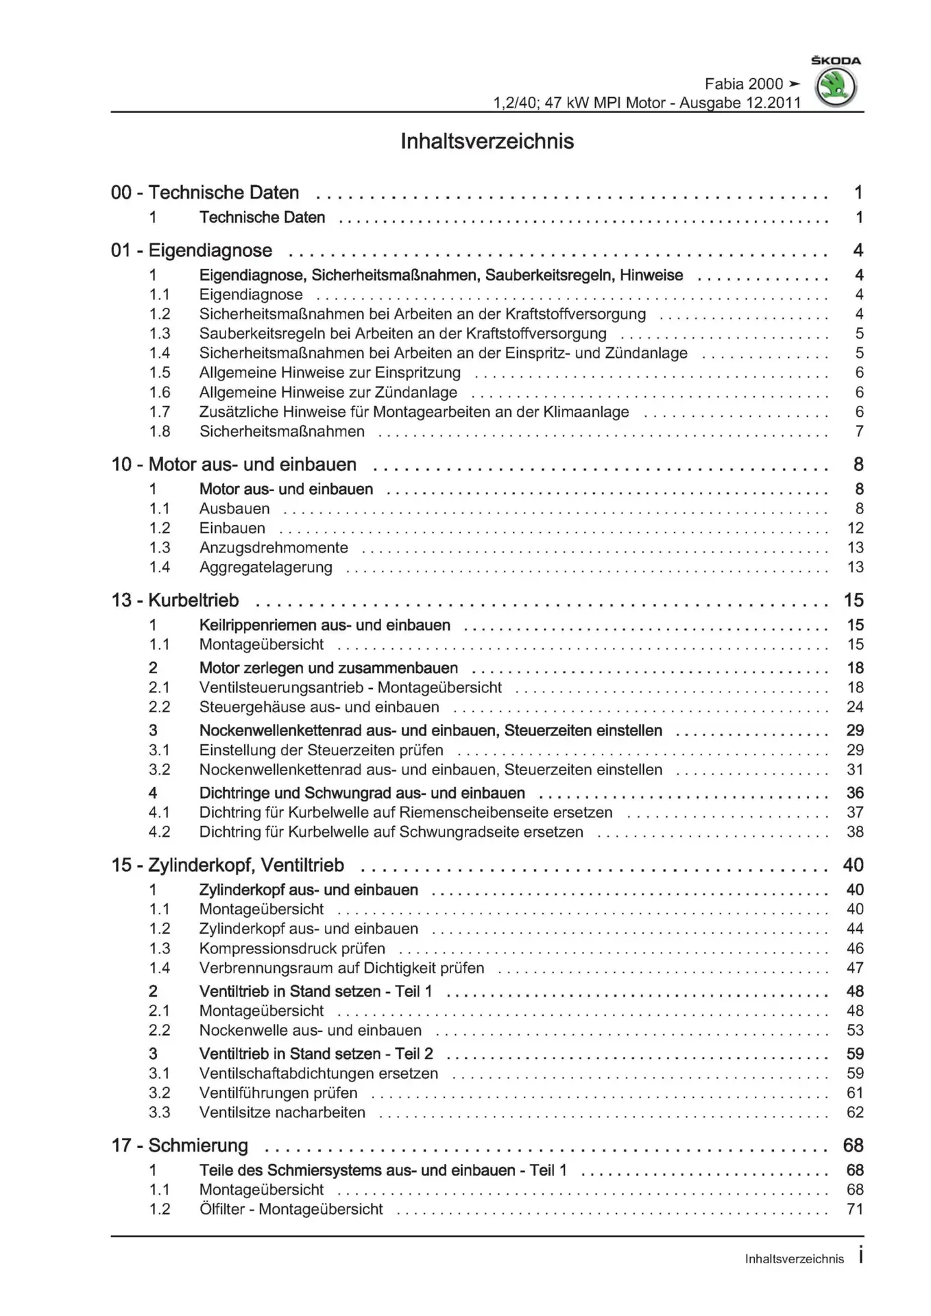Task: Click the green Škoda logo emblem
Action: tap(836, 88)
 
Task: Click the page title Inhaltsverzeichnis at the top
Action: tap(487, 141)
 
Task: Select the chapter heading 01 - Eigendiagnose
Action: tap(191, 250)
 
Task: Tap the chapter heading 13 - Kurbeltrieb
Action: tap(175, 600)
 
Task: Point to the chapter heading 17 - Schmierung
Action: tap(180, 1145)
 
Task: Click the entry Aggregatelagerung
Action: tap(265, 568)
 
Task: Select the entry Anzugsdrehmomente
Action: tap(274, 548)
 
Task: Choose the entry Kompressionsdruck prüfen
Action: tap(292, 949)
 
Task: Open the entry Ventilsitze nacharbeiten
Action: tap(282, 1112)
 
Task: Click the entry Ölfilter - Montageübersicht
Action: tap(291, 1209)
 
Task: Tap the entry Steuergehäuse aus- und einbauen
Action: tap(319, 707)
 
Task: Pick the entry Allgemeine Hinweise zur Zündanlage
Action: tap(328, 393)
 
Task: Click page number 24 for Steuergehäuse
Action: tap(855, 707)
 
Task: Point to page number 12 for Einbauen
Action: tap(855, 528)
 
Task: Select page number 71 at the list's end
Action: tap(855, 1209)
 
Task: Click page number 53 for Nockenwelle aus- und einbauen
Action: tap(855, 1030)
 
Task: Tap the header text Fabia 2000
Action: tap(743, 84)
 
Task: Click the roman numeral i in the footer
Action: tap(860, 1257)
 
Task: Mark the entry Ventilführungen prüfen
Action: tap(278, 1093)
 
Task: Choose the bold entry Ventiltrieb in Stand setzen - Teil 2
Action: tap(316, 1053)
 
